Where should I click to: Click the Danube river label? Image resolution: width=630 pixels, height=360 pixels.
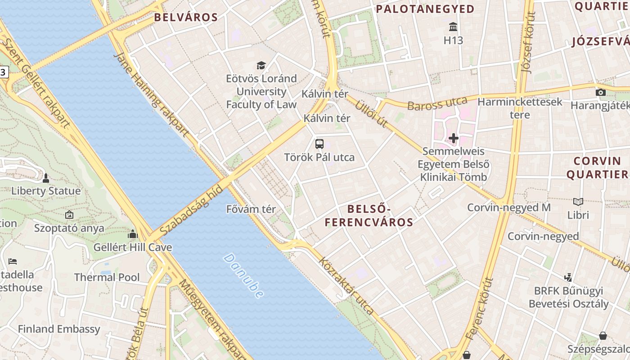(243, 276)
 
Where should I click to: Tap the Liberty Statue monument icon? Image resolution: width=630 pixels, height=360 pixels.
(45, 178)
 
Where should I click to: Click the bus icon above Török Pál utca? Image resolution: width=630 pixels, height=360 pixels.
(319, 144)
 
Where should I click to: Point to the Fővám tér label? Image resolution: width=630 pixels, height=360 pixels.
(251, 209)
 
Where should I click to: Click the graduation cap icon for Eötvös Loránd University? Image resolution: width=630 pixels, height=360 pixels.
(261, 66)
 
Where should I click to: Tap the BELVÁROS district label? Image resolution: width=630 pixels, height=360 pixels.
(186, 18)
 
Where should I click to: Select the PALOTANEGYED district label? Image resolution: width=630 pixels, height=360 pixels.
(425, 9)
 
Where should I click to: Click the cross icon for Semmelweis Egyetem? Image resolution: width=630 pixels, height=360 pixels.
(454, 138)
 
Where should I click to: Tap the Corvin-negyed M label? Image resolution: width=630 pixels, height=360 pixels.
(509, 207)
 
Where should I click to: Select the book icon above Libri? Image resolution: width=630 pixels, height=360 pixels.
(578, 202)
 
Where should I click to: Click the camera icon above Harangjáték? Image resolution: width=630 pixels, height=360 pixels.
(600, 92)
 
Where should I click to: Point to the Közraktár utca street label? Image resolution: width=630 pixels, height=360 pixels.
(346, 285)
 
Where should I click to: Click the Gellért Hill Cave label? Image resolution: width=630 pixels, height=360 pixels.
(133, 247)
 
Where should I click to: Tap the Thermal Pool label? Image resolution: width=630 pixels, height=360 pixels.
(107, 277)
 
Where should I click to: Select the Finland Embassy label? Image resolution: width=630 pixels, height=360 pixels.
(59, 329)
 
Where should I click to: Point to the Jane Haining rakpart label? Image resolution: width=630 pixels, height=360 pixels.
(152, 94)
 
